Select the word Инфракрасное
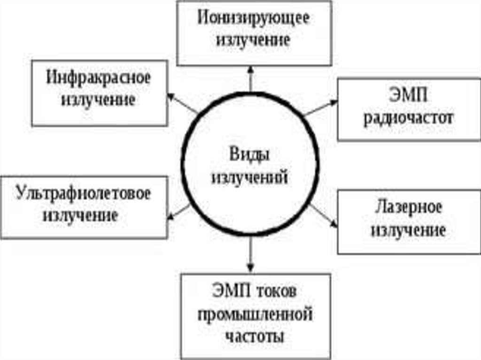pyautogui.click(x=99, y=78)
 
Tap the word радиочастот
pyautogui.click(x=409, y=117)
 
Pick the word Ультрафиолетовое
pyautogui.click(x=83, y=193)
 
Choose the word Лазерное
pyautogui.click(x=408, y=207)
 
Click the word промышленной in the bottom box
pyautogui.click(x=256, y=314)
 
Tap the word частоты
pyautogui.click(x=255, y=336)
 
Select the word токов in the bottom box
pyautogui.click(x=278, y=291)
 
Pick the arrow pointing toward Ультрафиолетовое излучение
pyautogui.click(x=179, y=212)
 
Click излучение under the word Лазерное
pyautogui.click(x=408, y=230)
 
